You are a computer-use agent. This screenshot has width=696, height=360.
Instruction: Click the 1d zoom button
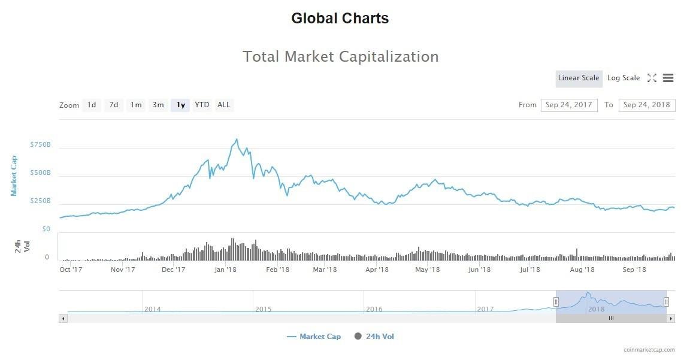point(91,105)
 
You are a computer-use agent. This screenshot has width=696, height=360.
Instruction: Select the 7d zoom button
point(113,105)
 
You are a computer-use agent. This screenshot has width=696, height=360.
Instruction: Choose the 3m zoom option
point(158,105)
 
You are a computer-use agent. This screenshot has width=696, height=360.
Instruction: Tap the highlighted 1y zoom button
point(180,105)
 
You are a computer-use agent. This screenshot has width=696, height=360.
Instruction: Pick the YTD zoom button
point(202,105)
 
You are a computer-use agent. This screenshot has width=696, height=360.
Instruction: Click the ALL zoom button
point(223,105)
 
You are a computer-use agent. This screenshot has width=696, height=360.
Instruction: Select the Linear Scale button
point(579,78)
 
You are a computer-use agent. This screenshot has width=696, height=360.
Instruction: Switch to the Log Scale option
point(624,78)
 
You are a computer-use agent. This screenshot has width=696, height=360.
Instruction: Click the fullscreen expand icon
point(652,78)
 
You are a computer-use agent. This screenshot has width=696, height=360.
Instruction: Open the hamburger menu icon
point(668,78)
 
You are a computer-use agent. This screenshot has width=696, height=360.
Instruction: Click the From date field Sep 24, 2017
point(569,105)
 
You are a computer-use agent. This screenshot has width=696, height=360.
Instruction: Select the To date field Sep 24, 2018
point(647,105)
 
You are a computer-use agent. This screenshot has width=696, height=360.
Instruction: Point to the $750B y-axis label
point(41,145)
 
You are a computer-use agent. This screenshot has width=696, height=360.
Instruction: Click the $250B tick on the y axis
point(41,201)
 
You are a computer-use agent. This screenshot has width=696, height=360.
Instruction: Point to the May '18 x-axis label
point(428,270)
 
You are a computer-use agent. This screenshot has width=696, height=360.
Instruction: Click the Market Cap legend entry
point(314,337)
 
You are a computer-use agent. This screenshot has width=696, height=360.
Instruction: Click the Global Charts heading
point(340,19)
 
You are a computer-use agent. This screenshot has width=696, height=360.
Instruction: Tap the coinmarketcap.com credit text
point(649,350)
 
